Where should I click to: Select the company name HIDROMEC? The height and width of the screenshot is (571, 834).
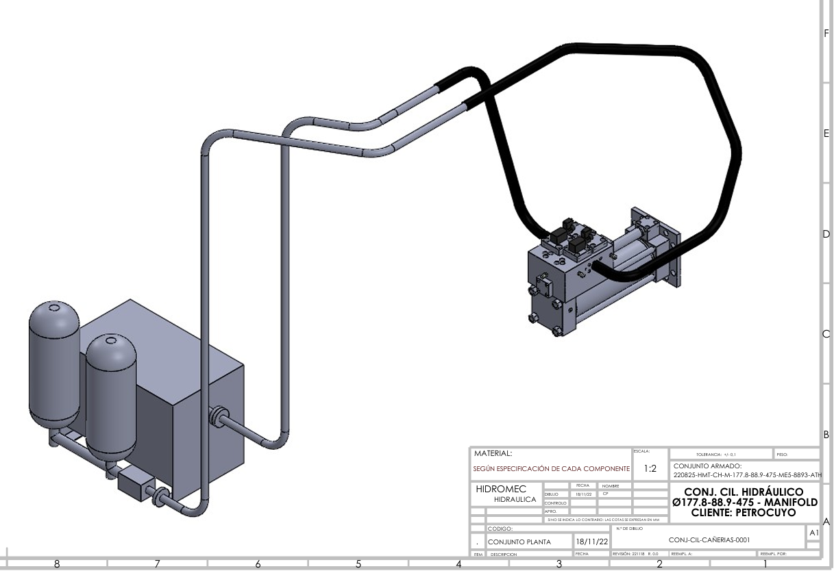coord(501,490)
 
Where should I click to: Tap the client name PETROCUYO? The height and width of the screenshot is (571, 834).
coord(763,512)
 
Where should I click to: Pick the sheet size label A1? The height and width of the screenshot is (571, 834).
coord(813,533)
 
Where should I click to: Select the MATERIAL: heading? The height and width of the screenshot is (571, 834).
coord(492,453)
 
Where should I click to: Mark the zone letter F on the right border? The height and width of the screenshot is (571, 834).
coord(826,32)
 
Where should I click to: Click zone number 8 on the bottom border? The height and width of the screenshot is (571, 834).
coord(57,564)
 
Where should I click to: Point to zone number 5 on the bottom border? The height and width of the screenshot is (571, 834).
coord(358,564)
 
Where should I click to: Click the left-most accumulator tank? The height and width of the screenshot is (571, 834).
coord(53,366)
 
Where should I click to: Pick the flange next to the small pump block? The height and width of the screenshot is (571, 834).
coord(162,496)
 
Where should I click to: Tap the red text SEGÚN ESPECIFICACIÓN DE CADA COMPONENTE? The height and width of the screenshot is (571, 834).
coord(551,469)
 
